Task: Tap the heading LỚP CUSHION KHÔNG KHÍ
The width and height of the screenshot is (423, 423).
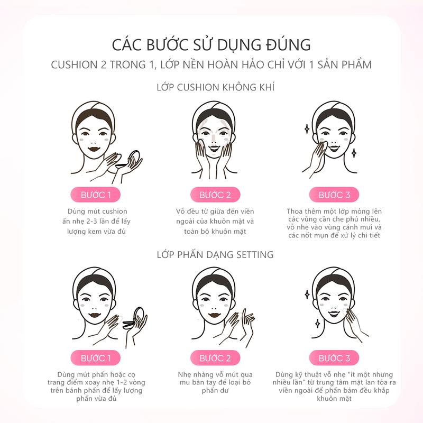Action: coord(215,87)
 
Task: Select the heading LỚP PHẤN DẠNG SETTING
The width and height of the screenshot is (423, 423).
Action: coord(215,255)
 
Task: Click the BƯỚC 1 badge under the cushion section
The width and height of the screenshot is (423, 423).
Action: coord(96,195)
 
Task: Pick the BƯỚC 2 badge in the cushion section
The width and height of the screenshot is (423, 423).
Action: coord(215,195)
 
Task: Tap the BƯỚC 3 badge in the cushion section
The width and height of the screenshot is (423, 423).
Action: coord(334,195)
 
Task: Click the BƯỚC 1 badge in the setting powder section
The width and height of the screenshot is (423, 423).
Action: coord(96,358)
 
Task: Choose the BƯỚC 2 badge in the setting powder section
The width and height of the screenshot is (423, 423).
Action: coord(215,358)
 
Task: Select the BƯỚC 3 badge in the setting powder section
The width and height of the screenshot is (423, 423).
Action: coord(334,358)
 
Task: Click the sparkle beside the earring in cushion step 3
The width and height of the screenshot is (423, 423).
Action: coord(354,153)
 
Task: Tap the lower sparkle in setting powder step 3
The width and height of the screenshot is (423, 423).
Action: coord(318,323)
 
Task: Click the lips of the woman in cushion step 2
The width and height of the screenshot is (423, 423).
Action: coord(215,149)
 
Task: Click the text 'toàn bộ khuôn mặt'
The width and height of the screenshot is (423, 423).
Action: coord(215,232)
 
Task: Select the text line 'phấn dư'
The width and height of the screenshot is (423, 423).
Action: coord(215,390)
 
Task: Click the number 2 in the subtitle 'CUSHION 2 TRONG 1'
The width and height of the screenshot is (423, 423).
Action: coord(104,65)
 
